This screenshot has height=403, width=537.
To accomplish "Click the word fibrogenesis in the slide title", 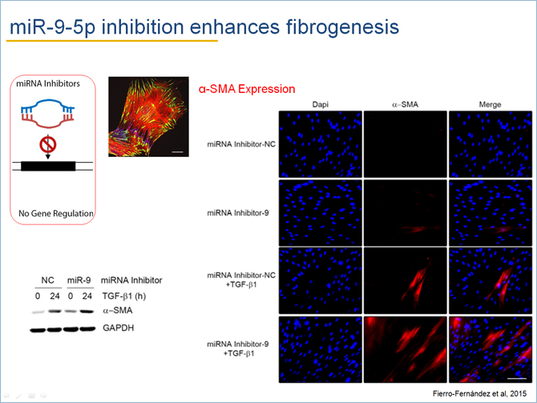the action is point(342,27).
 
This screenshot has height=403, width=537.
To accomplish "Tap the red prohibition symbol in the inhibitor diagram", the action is point(47,145).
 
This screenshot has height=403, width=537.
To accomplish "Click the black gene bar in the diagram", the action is point(48,166).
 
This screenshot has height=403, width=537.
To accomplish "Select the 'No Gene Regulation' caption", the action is point(56,213).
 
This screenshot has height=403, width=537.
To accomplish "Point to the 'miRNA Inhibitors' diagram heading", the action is point(48,83).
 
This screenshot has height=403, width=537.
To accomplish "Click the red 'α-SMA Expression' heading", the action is point(247,89).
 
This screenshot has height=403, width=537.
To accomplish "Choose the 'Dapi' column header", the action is point(321,104).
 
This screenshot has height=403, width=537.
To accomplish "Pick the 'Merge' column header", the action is point(490,104).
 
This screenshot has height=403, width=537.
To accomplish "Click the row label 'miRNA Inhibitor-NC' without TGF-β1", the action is point(241,144).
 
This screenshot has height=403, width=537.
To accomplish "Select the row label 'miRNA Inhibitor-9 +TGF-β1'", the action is point(238,349).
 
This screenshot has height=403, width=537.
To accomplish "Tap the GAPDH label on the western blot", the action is point(118,328).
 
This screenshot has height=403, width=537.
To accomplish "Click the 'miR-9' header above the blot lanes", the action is point(79,280).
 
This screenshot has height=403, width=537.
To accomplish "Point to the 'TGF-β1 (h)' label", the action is point(124,296).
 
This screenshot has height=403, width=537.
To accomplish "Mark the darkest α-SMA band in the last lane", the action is point(87,311).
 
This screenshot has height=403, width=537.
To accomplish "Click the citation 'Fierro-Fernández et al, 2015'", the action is point(479,393).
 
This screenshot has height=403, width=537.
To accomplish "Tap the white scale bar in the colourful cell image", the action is point(177,151).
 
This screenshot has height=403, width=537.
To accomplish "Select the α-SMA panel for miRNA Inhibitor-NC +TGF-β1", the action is point(405,280).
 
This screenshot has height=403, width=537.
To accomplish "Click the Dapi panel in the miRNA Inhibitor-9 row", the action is point(321,212).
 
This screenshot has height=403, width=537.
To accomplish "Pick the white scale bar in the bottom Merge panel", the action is point(516,378).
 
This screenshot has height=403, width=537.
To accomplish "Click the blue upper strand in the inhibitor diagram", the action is point(47,101).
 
